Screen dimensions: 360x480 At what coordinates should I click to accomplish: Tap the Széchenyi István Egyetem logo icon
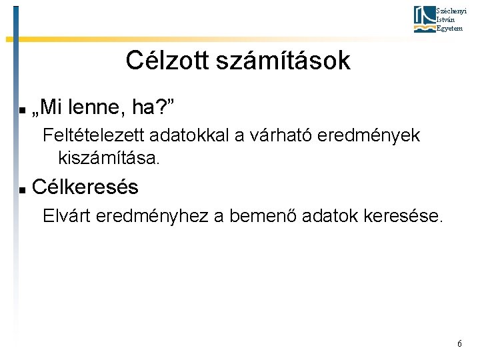point(423,19)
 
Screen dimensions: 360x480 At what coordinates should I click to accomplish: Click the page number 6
point(459,343)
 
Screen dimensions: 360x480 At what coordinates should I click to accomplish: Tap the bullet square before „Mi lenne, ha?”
point(22,108)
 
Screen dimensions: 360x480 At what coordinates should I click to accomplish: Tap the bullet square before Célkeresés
point(22,190)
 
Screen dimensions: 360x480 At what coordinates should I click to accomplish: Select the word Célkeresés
point(85,188)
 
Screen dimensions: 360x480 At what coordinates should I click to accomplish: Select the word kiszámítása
point(109,159)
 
